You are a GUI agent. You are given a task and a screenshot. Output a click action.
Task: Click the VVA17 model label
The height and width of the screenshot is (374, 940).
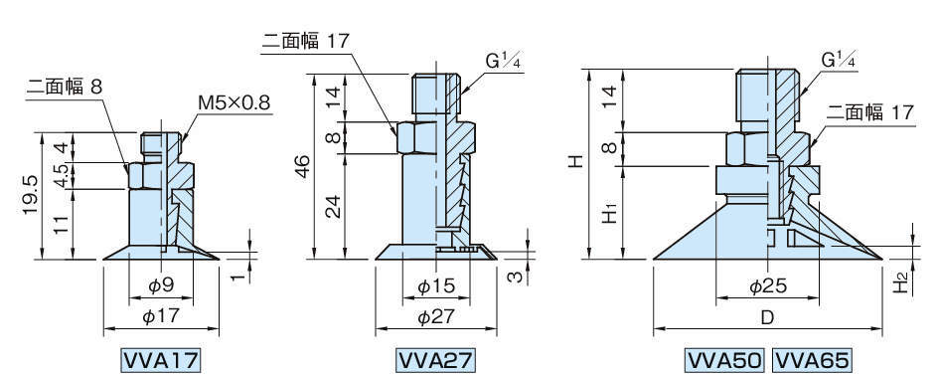pos(161,360)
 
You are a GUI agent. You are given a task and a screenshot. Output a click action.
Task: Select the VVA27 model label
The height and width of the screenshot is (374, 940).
pos(436,360)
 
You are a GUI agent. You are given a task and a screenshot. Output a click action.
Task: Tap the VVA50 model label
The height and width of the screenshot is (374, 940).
pos(724,360)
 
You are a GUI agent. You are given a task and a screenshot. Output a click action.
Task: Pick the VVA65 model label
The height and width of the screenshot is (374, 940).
pos(812,360)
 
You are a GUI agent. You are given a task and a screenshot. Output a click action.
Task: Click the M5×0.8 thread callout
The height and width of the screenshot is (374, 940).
pos(234,102)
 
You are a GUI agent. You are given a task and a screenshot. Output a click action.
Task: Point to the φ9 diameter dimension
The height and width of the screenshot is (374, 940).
pos(161,285)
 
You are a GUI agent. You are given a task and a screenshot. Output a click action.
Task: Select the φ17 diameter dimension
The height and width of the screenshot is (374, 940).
pos(161,315)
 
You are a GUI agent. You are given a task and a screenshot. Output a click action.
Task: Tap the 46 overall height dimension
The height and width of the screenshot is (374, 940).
pos(303,166)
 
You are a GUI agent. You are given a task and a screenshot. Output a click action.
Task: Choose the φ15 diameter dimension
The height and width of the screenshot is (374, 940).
pos(436,285)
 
